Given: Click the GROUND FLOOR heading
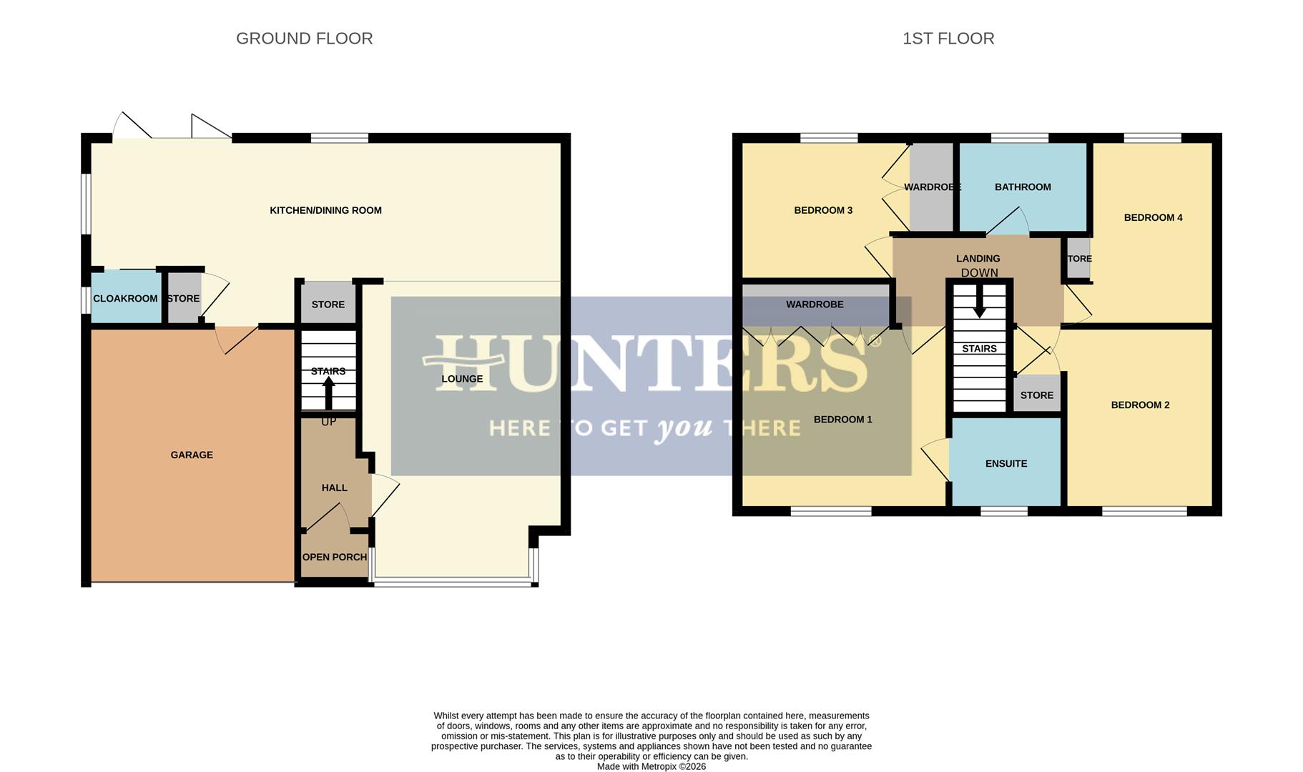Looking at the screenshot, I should pyautogui.click(x=304, y=39).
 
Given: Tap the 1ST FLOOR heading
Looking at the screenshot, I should pyautogui.click(x=948, y=39).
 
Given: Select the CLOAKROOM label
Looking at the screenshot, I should pyautogui.click(x=125, y=298).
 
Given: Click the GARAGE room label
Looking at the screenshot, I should pyautogui.click(x=192, y=455).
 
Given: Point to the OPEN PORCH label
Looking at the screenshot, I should pyautogui.click(x=334, y=557).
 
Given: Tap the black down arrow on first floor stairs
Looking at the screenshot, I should pyautogui.click(x=979, y=301).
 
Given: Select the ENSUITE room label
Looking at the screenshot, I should pyautogui.click(x=1005, y=463).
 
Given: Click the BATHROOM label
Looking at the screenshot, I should pyautogui.click(x=1022, y=187).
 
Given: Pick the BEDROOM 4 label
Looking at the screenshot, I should pyautogui.click(x=1153, y=217).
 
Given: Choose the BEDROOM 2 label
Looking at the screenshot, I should pyautogui.click(x=1140, y=405).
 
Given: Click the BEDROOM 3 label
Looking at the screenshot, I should pyautogui.click(x=823, y=210).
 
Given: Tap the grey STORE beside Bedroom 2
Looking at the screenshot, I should pyautogui.click(x=1036, y=395).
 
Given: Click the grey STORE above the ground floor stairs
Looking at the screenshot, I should pyautogui.click(x=328, y=304).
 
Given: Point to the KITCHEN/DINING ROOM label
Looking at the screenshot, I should pyautogui.click(x=325, y=210).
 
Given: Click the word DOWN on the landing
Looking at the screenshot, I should pyautogui.click(x=979, y=272).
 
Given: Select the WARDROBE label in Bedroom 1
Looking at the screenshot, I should pyautogui.click(x=815, y=304).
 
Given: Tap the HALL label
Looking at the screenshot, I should pyautogui.click(x=334, y=488).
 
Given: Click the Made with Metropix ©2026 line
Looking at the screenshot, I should pyautogui.click(x=651, y=766).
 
